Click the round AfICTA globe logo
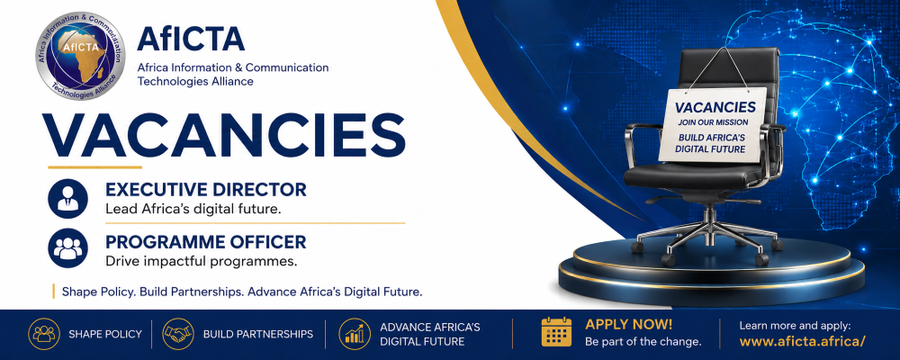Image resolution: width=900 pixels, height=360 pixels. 80,57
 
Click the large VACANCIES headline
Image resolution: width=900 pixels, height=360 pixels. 224,136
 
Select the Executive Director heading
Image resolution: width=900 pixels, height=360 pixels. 205,190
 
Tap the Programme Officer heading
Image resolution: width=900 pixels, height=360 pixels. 205,242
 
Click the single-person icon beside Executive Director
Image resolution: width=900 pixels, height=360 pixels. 67,199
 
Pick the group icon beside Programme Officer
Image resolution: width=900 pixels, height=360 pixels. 67,248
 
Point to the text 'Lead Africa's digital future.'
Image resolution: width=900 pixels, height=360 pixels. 193,210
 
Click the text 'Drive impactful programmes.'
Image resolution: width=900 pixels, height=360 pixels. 201,262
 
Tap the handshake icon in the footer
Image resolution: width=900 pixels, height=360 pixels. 178,334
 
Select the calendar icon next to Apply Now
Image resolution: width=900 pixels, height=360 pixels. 557,332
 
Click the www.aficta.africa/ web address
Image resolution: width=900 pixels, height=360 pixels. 803,342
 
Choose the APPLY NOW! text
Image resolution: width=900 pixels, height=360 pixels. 628,324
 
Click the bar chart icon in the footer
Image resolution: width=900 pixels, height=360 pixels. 355,334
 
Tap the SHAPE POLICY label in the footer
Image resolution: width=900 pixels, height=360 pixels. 105,334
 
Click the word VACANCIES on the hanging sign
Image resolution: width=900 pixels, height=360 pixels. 715,107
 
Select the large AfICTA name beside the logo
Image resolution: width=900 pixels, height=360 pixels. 191,39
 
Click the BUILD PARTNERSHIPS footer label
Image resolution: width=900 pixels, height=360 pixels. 258,334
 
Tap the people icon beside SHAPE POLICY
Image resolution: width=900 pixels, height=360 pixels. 44,334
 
